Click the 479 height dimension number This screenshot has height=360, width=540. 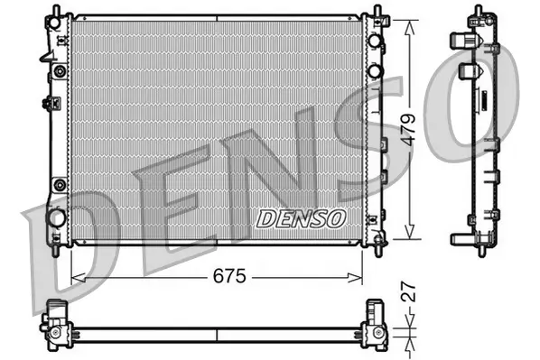pos(408,129)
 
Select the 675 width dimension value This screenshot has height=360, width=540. pos(229,276)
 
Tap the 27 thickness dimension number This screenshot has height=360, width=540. pos(409,293)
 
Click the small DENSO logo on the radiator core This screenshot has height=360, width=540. pos(301,217)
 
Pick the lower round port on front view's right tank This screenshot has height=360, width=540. pos(373,71)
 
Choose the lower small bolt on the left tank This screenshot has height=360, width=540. pos(61,185)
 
